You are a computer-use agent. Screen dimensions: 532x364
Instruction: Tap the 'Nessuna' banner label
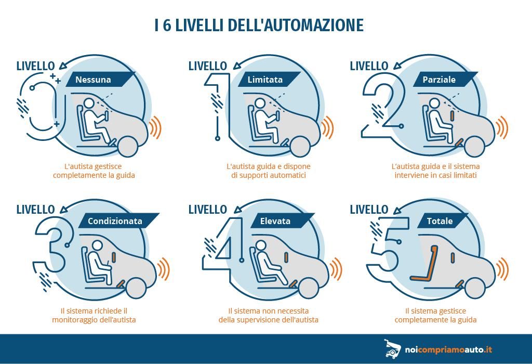tap(94, 80)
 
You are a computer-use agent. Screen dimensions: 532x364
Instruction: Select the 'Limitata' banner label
tap(265, 80)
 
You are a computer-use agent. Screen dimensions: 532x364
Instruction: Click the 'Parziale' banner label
tap(439, 80)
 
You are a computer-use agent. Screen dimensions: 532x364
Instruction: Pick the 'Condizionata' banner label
tap(115, 221)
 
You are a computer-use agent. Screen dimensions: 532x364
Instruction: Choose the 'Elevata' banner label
tap(275, 221)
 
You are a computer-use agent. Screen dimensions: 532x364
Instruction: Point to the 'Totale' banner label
tap(440, 221)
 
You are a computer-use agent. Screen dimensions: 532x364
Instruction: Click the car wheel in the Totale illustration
tap(475, 288)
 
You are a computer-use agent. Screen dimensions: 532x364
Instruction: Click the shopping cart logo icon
tap(392, 349)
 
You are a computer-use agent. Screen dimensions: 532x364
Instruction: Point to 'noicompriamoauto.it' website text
tap(448, 349)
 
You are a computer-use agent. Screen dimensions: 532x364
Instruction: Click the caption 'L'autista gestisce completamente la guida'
tap(94, 171)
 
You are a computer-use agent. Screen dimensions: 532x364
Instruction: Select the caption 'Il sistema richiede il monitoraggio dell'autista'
tap(94, 315)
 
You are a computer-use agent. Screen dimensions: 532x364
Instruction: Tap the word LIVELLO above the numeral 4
tap(208, 209)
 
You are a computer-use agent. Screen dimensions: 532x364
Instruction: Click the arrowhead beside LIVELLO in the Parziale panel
tap(396, 65)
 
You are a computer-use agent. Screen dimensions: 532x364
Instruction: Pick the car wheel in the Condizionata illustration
tap(136, 288)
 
